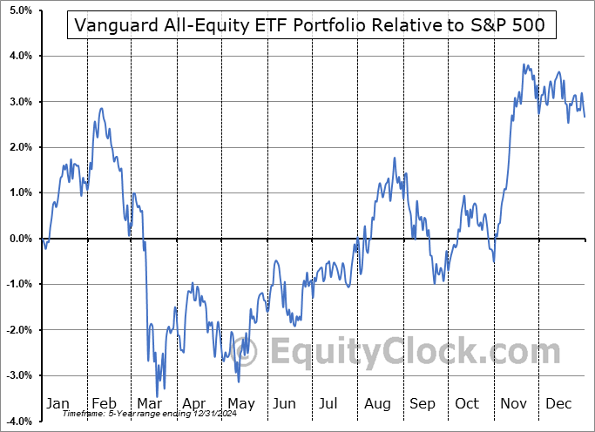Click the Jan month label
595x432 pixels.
[57, 403]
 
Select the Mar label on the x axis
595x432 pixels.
[149, 403]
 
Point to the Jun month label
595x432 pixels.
[285, 403]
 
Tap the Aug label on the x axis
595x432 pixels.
[378, 403]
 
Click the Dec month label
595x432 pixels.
[559, 403]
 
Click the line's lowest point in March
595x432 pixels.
[158, 397]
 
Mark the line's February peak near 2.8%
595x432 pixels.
[102, 108]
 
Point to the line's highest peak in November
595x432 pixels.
[524, 64]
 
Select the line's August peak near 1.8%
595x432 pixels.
[395, 158]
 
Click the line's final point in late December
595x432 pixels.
[585, 117]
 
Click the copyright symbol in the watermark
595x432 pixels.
[254, 354]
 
